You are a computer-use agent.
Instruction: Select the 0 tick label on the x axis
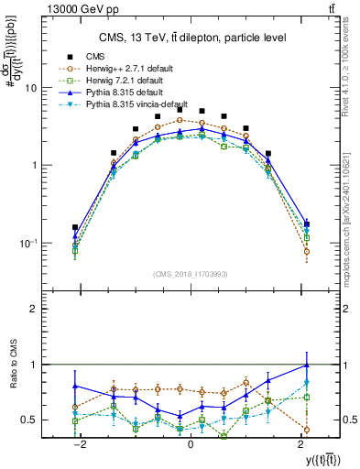pos(191,444)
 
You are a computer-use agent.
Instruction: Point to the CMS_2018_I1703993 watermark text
pos(190,273)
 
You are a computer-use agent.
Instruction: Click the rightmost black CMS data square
pos(306,224)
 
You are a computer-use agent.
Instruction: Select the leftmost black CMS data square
pos(75,227)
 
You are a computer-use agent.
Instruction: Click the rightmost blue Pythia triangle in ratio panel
pos(306,365)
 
